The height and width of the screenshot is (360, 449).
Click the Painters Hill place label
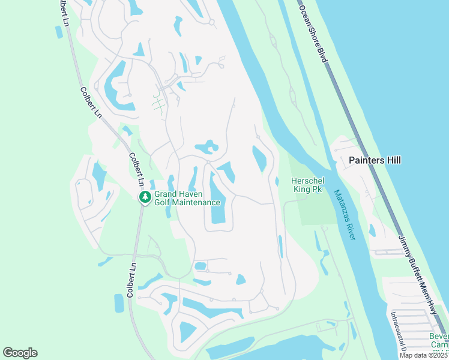(x=375, y=160)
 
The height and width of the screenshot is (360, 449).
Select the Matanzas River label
(x=345, y=215)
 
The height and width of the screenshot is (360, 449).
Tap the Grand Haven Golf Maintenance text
(x=187, y=198)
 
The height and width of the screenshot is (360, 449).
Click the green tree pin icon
(x=145, y=197)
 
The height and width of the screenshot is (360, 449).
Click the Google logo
(x=20, y=353)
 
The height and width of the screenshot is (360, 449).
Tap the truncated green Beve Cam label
(x=438, y=340)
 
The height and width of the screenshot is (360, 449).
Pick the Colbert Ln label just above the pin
(x=136, y=169)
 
